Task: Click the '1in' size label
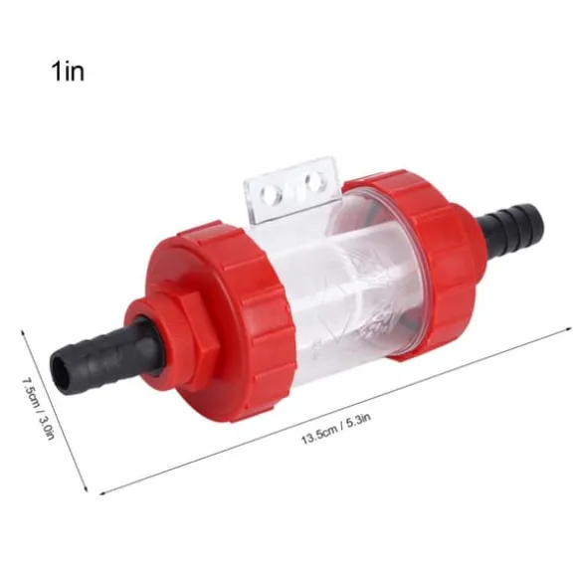pos(68,71)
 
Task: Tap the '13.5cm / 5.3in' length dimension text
pos(336,429)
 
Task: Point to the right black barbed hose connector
pos(510,224)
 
